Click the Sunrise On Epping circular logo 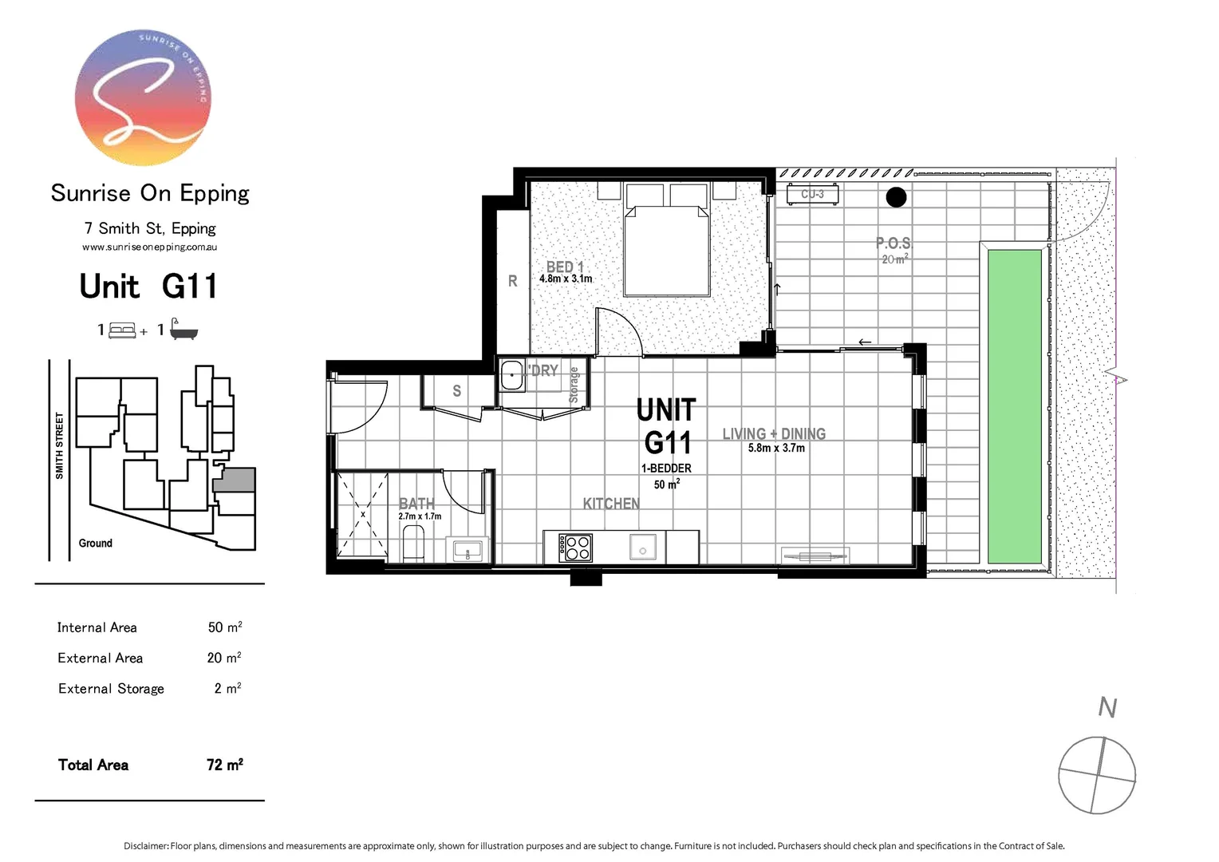click(144, 97)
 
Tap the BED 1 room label click(565, 267)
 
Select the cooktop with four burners click(575, 548)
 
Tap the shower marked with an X click(362, 515)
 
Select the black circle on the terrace click(896, 196)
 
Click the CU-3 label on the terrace click(812, 194)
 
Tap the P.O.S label click(893, 243)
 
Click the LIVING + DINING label click(774, 433)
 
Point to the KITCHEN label click(611, 504)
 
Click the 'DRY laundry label click(543, 370)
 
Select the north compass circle click(1097, 776)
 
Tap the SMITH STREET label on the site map click(59, 445)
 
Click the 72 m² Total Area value click(224, 765)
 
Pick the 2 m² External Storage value click(227, 688)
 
